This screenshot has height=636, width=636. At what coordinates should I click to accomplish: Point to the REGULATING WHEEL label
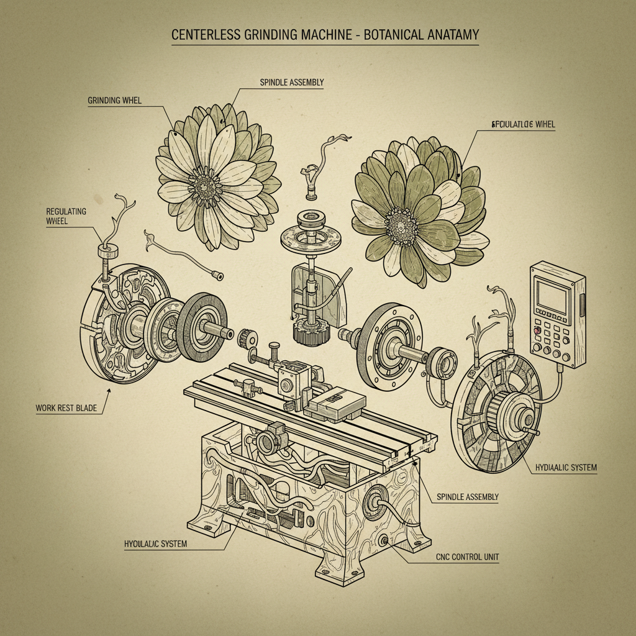66,216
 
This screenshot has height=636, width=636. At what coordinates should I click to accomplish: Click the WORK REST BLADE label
66,408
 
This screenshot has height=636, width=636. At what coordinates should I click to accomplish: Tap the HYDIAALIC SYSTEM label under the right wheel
565,467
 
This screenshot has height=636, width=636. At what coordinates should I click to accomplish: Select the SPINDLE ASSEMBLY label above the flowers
292,82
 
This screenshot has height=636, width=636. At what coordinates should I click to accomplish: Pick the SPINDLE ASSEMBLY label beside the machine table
467,497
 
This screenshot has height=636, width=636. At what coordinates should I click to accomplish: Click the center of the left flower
204,182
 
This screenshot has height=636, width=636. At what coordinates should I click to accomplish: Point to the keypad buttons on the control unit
550,340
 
